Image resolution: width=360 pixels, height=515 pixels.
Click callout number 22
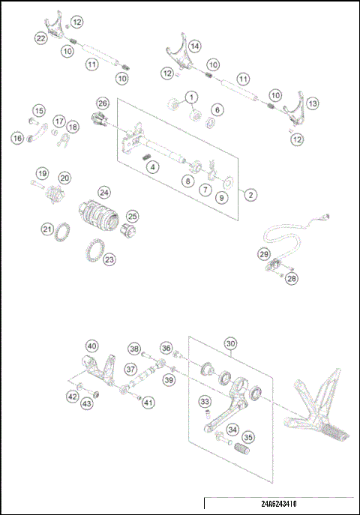[41, 37]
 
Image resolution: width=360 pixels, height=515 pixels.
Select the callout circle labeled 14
[194, 46]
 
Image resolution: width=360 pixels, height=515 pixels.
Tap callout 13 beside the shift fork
[312, 103]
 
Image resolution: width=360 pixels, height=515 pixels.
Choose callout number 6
[217, 110]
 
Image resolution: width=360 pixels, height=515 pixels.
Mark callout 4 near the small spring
[152, 167]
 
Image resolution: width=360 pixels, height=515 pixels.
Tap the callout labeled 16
[16, 138]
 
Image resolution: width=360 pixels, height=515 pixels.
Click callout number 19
[43, 172]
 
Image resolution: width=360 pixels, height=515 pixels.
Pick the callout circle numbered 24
[104, 193]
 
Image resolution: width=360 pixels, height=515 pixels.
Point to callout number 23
[109, 260]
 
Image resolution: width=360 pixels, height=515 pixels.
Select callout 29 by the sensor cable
[264, 254]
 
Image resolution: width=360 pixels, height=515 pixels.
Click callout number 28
[292, 278]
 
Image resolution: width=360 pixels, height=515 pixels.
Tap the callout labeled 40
[91, 346]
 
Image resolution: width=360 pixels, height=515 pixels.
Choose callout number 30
[229, 344]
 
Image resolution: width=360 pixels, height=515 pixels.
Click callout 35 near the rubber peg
[247, 438]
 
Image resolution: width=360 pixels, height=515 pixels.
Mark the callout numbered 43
[87, 404]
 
